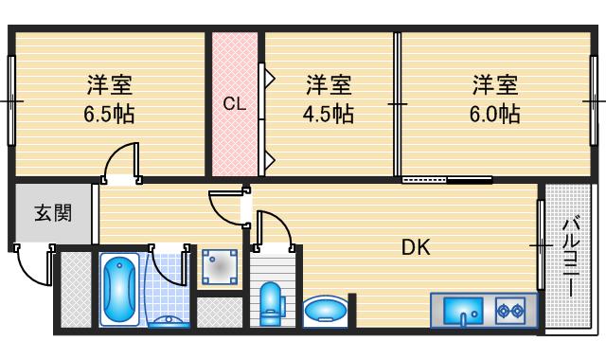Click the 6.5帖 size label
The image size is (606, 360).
(x=108, y=116)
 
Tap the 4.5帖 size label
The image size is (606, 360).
(x=329, y=115)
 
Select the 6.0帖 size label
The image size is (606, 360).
(x=495, y=115)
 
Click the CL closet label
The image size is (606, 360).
(x=235, y=104)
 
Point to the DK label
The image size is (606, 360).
(x=416, y=248)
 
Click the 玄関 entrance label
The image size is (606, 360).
(x=54, y=212)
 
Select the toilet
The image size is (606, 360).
(x=271, y=302)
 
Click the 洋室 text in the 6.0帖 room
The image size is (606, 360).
(x=495, y=85)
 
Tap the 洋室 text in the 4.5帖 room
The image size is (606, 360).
(x=329, y=85)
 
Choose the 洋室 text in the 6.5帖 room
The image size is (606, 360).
(x=108, y=85)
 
